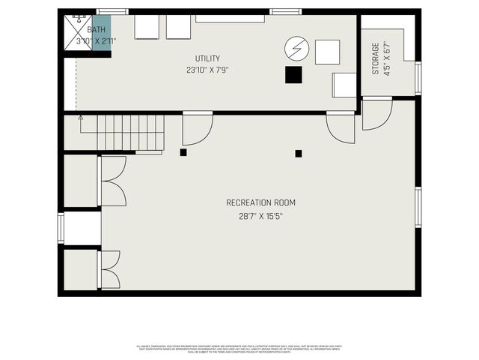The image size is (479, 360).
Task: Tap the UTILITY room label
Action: (x=207, y=58)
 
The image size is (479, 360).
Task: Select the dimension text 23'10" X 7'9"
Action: (x=207, y=70)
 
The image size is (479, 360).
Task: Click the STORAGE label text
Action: (x=376, y=58)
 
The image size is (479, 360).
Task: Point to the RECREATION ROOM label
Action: (x=260, y=202)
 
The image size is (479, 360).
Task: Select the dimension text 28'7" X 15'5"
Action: (x=260, y=216)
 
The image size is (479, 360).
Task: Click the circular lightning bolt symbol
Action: (x=295, y=49)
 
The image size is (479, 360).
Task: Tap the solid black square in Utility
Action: (x=293, y=75)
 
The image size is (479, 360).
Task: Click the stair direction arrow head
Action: (x=80, y=118)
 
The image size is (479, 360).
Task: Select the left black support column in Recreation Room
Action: (x=183, y=152)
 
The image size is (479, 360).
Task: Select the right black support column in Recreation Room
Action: (x=299, y=153)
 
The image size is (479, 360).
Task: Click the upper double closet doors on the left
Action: (x=112, y=181)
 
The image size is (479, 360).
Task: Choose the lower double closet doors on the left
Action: (x=109, y=269)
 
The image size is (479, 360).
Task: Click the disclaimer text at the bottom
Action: (x=239, y=348)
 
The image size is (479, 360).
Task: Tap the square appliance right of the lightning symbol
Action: (x=327, y=52)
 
